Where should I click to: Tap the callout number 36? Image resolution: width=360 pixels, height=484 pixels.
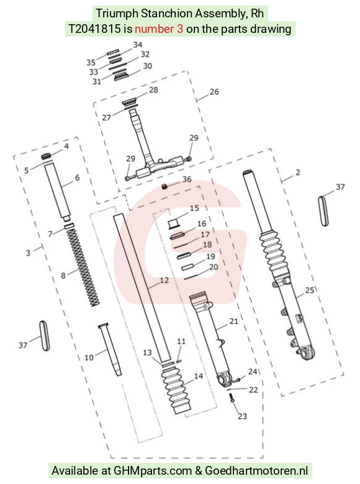pos(187,179)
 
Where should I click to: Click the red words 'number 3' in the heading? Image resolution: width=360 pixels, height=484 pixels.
pos(159,29)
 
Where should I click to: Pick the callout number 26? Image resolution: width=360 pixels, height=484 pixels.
pos(214,92)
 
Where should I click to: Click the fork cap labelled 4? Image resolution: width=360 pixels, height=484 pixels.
pos(47,156)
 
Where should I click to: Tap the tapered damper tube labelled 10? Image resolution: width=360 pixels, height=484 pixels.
pos(110,349)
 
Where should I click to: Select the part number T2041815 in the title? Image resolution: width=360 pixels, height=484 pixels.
pos(94,29)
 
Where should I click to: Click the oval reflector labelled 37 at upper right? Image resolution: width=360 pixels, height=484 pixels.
pos(323,211)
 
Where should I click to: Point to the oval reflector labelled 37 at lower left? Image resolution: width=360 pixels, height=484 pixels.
pos(45,336)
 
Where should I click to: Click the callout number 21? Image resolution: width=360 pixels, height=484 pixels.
pos(234,321)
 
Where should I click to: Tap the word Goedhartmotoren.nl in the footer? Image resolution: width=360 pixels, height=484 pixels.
pos(256,471)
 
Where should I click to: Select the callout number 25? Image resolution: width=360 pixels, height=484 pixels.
pos(309,290)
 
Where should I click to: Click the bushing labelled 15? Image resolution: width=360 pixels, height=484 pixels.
pos(174,223)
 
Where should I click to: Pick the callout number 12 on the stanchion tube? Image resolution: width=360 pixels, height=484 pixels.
pos(164,280)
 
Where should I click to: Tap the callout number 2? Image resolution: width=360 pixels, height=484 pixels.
pos(298,173)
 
